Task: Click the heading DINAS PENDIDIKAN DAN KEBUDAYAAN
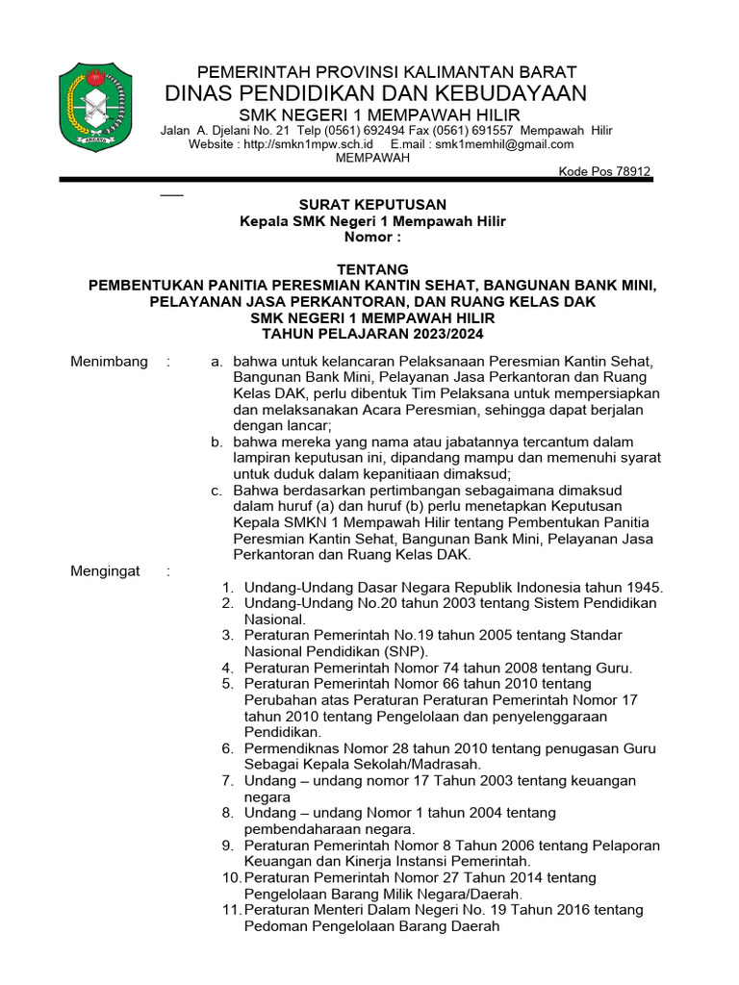[x=375, y=93]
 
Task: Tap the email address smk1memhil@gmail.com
[x=504, y=144]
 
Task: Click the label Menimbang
[x=110, y=362]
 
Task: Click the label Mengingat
[x=106, y=571]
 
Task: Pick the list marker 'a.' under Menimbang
[x=217, y=362]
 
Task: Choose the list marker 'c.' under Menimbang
[x=217, y=491]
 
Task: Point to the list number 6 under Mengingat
[x=227, y=748]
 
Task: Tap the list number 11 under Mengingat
[x=231, y=910]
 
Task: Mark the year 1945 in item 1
[x=642, y=587]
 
